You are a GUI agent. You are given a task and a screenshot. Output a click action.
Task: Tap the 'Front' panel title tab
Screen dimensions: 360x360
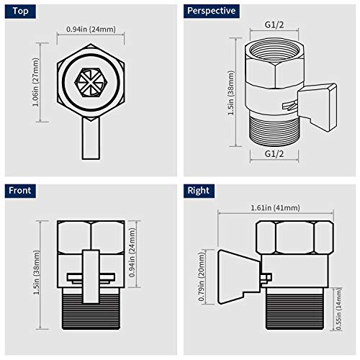click(22, 191)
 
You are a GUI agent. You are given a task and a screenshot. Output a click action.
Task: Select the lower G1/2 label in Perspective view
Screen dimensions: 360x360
click(273, 153)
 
